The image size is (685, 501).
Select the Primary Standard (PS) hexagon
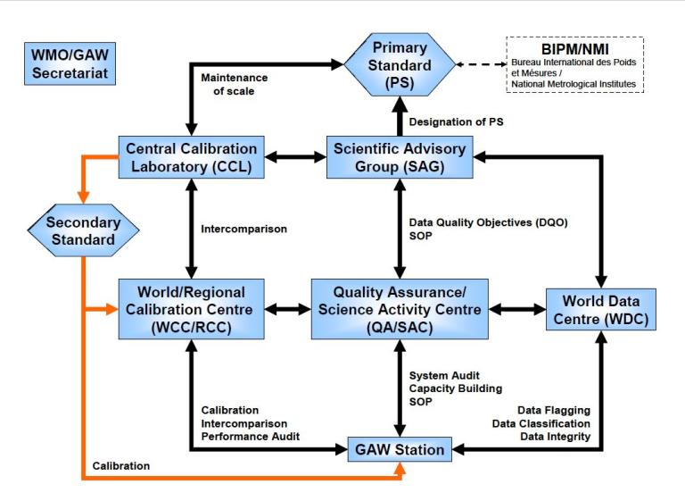[x=400, y=65]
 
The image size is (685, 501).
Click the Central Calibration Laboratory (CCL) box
[x=191, y=157]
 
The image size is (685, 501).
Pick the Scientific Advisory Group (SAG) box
[x=400, y=157]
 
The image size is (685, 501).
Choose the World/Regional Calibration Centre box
[x=191, y=308]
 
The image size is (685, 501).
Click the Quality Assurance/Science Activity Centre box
[x=400, y=308]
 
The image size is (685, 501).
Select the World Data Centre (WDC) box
[x=599, y=308]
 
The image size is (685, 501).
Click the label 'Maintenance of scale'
[x=234, y=86]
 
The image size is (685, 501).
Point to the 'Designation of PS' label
[x=451, y=121]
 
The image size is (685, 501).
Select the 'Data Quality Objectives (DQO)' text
[x=485, y=221]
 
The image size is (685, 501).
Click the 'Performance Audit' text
[x=250, y=436]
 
